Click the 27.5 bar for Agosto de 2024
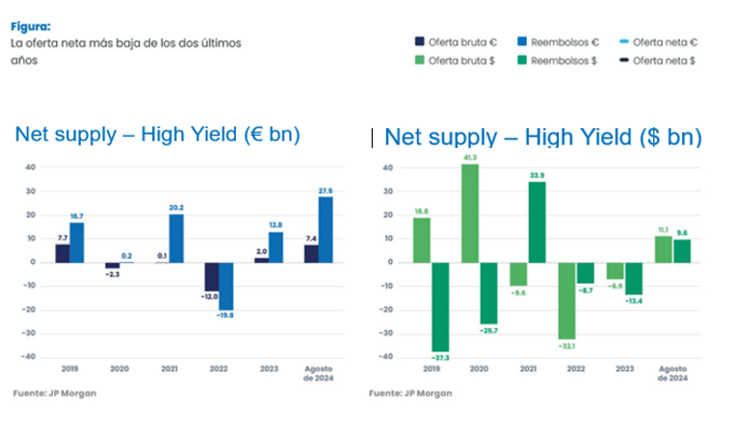(326, 229)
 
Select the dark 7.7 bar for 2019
(63, 252)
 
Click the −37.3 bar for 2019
(440, 305)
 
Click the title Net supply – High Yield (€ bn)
(157, 136)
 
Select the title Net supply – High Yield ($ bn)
(542, 137)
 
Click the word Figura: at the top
(30, 27)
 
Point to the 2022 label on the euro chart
(214, 368)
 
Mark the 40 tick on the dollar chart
(387, 166)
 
